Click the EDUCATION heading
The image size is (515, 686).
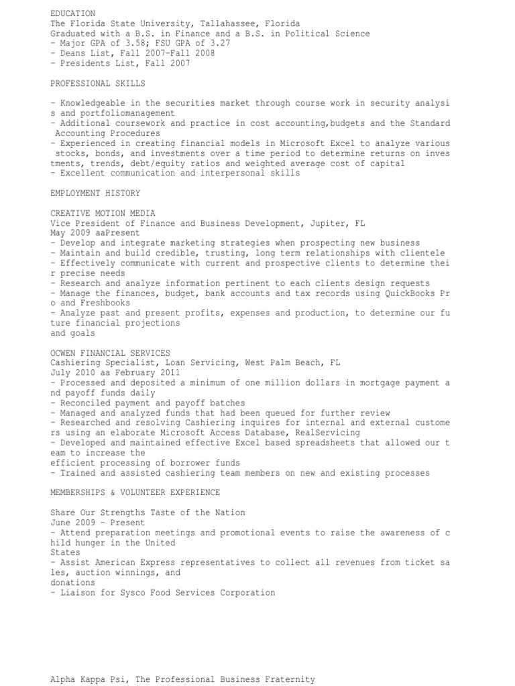[72, 13]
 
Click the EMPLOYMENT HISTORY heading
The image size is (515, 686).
[95, 194]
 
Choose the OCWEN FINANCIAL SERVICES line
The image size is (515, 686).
[110, 353]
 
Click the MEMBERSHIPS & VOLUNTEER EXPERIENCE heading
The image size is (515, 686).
[135, 492]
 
